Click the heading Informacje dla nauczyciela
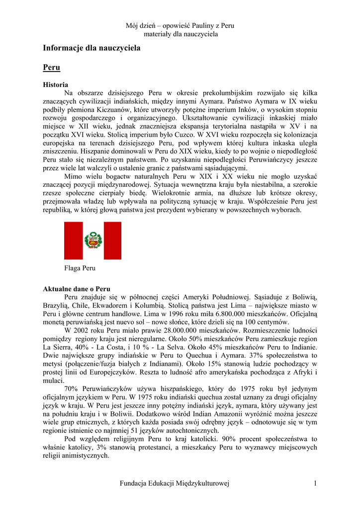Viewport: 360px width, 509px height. coord(91,48)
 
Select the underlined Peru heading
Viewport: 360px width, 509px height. coord(51,67)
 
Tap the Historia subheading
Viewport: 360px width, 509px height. coord(56,85)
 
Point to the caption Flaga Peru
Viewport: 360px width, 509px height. coord(80,268)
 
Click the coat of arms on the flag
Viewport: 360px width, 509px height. coord(92,241)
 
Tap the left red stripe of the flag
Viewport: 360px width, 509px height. coord(74,241)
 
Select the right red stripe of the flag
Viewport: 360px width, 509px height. coord(112,241)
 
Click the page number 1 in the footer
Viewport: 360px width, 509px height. coord(315,484)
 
